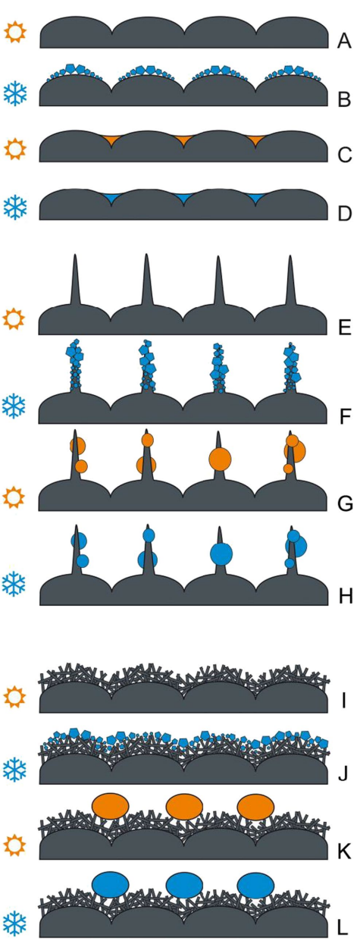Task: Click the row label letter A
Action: pos(344,42)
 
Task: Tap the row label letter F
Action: pos(345,416)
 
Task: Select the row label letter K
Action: pos(345,851)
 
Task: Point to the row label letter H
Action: pos(345,596)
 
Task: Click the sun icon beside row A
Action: pos(15,33)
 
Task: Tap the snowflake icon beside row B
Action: pos(15,93)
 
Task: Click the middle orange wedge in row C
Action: pos(183,139)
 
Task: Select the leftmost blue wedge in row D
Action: pos(111,197)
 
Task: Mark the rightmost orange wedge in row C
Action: pos(255,139)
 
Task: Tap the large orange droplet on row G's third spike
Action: pos(220,459)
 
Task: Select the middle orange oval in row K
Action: pos(184,807)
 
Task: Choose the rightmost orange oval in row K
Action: pos(255,807)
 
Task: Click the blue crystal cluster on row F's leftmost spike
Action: pos(75,364)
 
